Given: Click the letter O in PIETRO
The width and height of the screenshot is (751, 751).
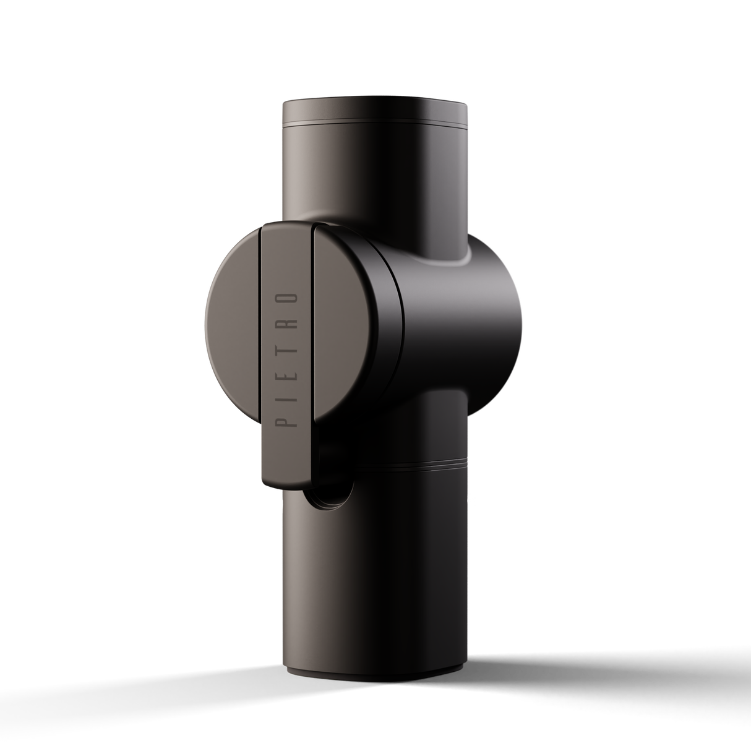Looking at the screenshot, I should pyautogui.click(x=286, y=298).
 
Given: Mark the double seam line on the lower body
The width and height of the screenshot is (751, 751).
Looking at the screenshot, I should pyautogui.click(x=408, y=463).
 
